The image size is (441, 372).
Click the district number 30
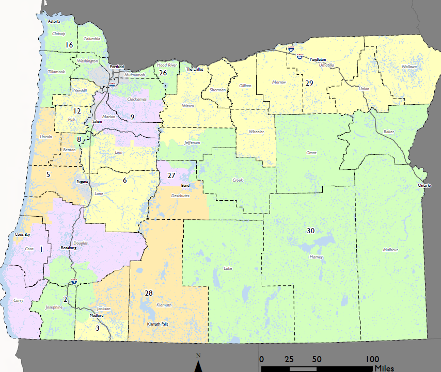pos(311,230)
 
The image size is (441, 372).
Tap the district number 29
pos(309,83)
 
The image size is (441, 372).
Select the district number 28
pos(149,293)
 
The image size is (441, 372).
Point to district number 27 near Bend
pos(172,175)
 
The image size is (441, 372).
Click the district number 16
pos(69,45)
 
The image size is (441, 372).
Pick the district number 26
pos(163,73)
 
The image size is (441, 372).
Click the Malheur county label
pos(390,250)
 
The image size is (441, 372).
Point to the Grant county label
pos(311,153)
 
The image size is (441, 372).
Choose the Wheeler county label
pos(256,132)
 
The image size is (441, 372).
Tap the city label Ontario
pos(424,185)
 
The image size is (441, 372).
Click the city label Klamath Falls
pos(158,324)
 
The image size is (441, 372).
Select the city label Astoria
pos(54,22)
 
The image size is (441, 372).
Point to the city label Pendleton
pos(318,60)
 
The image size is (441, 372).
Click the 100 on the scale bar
pos(372,359)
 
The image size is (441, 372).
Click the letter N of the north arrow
pos(198,355)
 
